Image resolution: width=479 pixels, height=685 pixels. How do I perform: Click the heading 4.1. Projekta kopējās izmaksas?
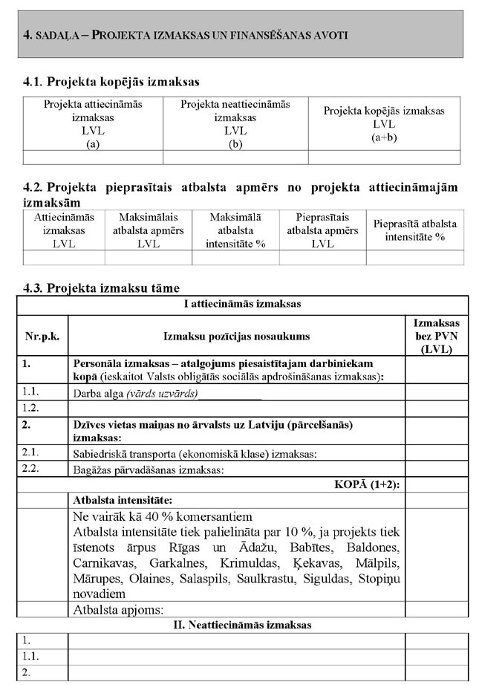tap(111, 81)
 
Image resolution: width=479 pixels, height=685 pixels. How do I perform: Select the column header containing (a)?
tap(93, 124)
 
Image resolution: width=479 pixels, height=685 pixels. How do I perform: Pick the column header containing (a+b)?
tap(384, 124)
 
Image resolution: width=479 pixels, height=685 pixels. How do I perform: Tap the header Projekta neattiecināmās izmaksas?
tap(235, 124)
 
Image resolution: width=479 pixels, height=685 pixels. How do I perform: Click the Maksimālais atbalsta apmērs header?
tap(149, 230)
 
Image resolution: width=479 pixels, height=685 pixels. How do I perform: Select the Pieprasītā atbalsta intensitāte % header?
tap(415, 230)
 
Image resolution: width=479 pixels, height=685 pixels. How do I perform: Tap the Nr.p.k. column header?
tap(42, 337)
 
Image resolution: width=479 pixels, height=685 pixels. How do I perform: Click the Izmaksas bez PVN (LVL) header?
tap(436, 336)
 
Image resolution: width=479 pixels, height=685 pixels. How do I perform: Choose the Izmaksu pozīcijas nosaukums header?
tap(237, 337)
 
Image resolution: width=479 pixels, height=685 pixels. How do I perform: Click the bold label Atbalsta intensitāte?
tap(122, 500)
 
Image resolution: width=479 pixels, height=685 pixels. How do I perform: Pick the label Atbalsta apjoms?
tap(117, 610)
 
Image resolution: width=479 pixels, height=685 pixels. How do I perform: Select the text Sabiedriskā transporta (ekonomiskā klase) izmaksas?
tap(195, 453)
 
